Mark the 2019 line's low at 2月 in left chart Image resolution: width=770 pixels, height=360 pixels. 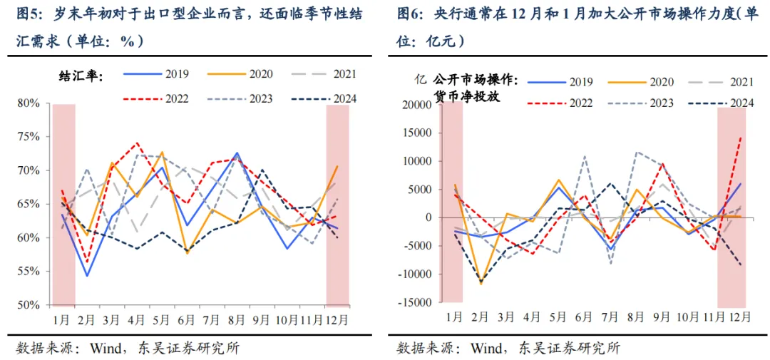(87, 276)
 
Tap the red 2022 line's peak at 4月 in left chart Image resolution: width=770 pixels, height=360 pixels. (138, 143)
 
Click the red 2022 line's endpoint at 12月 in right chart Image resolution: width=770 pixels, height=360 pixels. (741, 136)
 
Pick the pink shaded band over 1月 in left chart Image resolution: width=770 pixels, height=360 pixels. (63, 203)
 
